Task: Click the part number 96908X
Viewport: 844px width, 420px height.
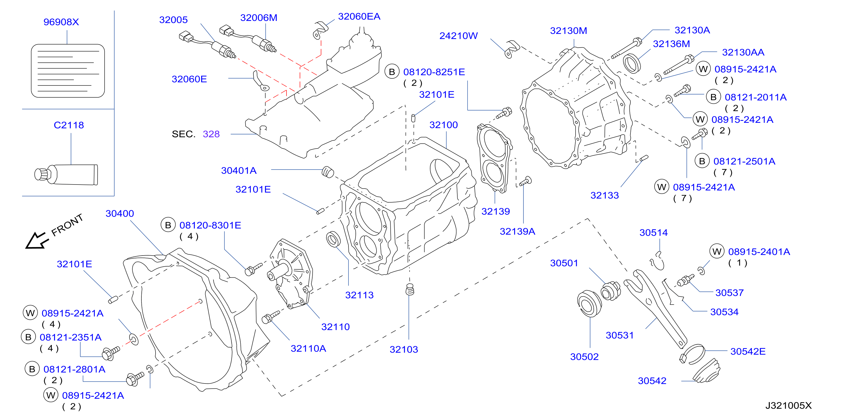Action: (61, 22)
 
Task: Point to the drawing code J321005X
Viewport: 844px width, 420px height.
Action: (788, 406)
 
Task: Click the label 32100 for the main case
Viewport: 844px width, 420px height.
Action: (443, 125)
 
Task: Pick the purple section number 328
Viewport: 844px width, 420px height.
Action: (211, 134)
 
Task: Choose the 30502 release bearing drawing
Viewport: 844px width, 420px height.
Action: (589, 304)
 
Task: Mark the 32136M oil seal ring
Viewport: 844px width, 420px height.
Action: (632, 64)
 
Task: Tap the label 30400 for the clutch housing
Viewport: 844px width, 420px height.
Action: (120, 213)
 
